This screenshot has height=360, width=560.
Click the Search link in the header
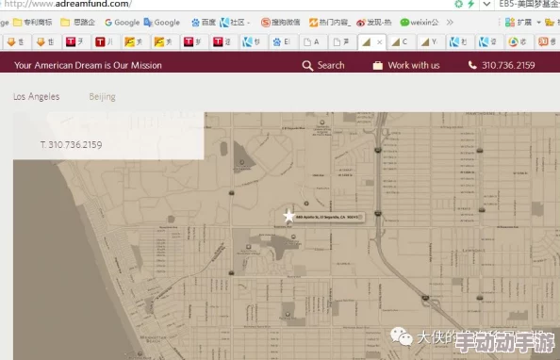331,65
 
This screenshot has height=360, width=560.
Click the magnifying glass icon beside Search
307,65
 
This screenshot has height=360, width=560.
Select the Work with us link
413,65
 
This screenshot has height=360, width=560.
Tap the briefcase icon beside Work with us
378,65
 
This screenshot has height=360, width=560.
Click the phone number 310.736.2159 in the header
507,65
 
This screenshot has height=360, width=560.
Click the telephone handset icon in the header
472,65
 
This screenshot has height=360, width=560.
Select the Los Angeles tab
36,97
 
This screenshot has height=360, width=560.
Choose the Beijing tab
103,97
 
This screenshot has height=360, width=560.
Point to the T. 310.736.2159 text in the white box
71,145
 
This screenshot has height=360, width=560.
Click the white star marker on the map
289,216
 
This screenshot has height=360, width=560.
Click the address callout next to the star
327,217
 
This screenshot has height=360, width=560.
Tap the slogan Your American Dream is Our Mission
88,65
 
